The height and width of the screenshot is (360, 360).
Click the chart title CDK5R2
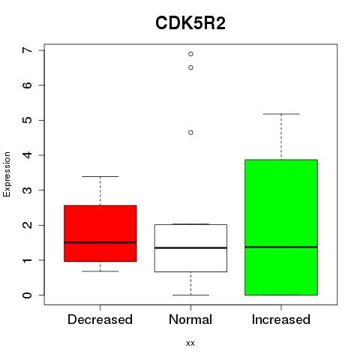pyautogui.click(x=190, y=23)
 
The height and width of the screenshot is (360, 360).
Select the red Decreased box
pyautogui.click(x=100, y=233)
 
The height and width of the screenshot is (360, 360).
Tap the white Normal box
pyautogui.click(x=190, y=248)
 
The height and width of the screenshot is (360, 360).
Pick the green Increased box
pyautogui.click(x=281, y=227)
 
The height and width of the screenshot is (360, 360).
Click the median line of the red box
pyautogui.click(x=100, y=242)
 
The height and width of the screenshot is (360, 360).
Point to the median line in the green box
pyautogui.click(x=281, y=247)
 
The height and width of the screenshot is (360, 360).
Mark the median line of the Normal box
pyautogui.click(x=190, y=247)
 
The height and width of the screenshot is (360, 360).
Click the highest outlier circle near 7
pyautogui.click(x=190, y=54)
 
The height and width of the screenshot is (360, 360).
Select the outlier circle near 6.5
pyautogui.click(x=190, y=67)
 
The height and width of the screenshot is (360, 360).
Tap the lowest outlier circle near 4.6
pyautogui.click(x=190, y=133)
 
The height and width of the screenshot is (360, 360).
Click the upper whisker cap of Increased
pyautogui.click(x=281, y=114)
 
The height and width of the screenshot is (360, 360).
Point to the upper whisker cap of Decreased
pyautogui.click(x=100, y=176)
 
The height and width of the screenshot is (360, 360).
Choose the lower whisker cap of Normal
pyautogui.click(x=190, y=295)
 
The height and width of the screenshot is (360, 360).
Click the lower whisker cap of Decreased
pyautogui.click(x=100, y=271)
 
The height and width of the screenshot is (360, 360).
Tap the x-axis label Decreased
pyautogui.click(x=100, y=319)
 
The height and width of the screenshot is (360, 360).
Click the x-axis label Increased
pyautogui.click(x=281, y=319)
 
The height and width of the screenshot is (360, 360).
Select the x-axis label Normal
pyautogui.click(x=190, y=319)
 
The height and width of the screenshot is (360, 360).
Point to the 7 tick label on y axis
pyautogui.click(x=27, y=50)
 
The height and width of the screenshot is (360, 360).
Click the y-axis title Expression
pyautogui.click(x=7, y=174)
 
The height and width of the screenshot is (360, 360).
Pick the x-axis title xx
pyautogui.click(x=190, y=343)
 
